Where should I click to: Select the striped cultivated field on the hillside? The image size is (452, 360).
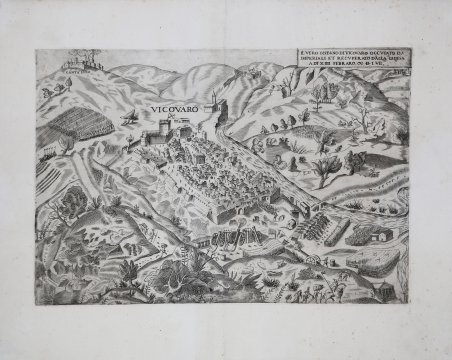coord(67,130)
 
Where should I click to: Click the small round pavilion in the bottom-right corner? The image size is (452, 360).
coord(384,286)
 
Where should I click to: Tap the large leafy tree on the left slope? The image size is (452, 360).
coord(72,204)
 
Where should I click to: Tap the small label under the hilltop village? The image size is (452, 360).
coord(77,73)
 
